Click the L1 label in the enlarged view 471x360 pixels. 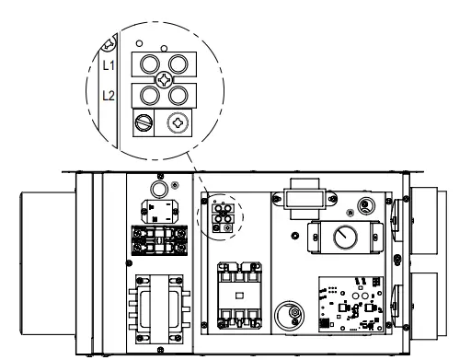(x=109, y=65)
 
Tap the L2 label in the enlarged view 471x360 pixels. (x=109, y=96)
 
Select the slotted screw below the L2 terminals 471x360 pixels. (x=144, y=122)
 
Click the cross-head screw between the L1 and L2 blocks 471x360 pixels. (x=164, y=80)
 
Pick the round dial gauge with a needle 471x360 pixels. (x=345, y=238)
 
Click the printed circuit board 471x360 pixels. (x=350, y=304)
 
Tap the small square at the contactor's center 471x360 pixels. (x=239, y=296)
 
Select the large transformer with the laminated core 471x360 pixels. (x=159, y=308)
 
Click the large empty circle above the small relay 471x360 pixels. (x=159, y=190)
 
